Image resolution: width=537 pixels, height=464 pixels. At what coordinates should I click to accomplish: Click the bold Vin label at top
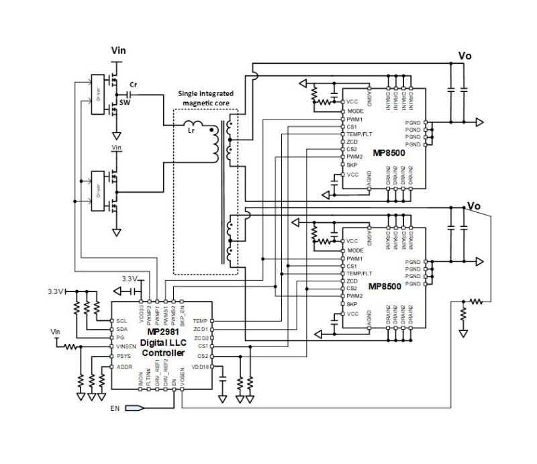[118, 50]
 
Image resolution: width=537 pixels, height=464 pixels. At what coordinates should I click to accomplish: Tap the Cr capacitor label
[134, 85]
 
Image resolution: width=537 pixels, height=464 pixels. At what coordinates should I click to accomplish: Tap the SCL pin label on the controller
[121, 320]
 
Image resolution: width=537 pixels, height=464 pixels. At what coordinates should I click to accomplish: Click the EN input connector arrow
[132, 408]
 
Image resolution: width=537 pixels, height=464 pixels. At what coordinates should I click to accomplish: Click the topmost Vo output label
[464, 56]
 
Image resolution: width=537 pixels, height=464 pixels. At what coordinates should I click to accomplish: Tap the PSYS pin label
[123, 357]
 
